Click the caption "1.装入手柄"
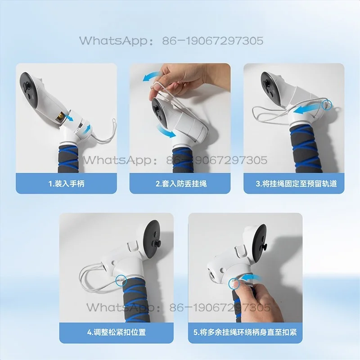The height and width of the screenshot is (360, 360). point(66,184)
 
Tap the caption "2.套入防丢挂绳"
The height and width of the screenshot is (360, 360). point(181,184)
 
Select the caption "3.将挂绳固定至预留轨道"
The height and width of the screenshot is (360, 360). point(296,184)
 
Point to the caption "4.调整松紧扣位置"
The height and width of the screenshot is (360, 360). point(117,332)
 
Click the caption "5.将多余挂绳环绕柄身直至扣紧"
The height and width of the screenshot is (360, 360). point(245,332)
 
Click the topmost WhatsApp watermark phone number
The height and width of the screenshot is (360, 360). point(213,41)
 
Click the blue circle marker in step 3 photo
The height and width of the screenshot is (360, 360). point(327,105)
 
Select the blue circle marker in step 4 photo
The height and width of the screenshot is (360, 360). point(121,280)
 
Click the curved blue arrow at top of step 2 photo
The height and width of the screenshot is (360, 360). point(152,76)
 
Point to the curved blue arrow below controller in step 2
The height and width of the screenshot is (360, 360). point(166,131)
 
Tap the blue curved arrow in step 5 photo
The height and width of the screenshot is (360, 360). point(252,278)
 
